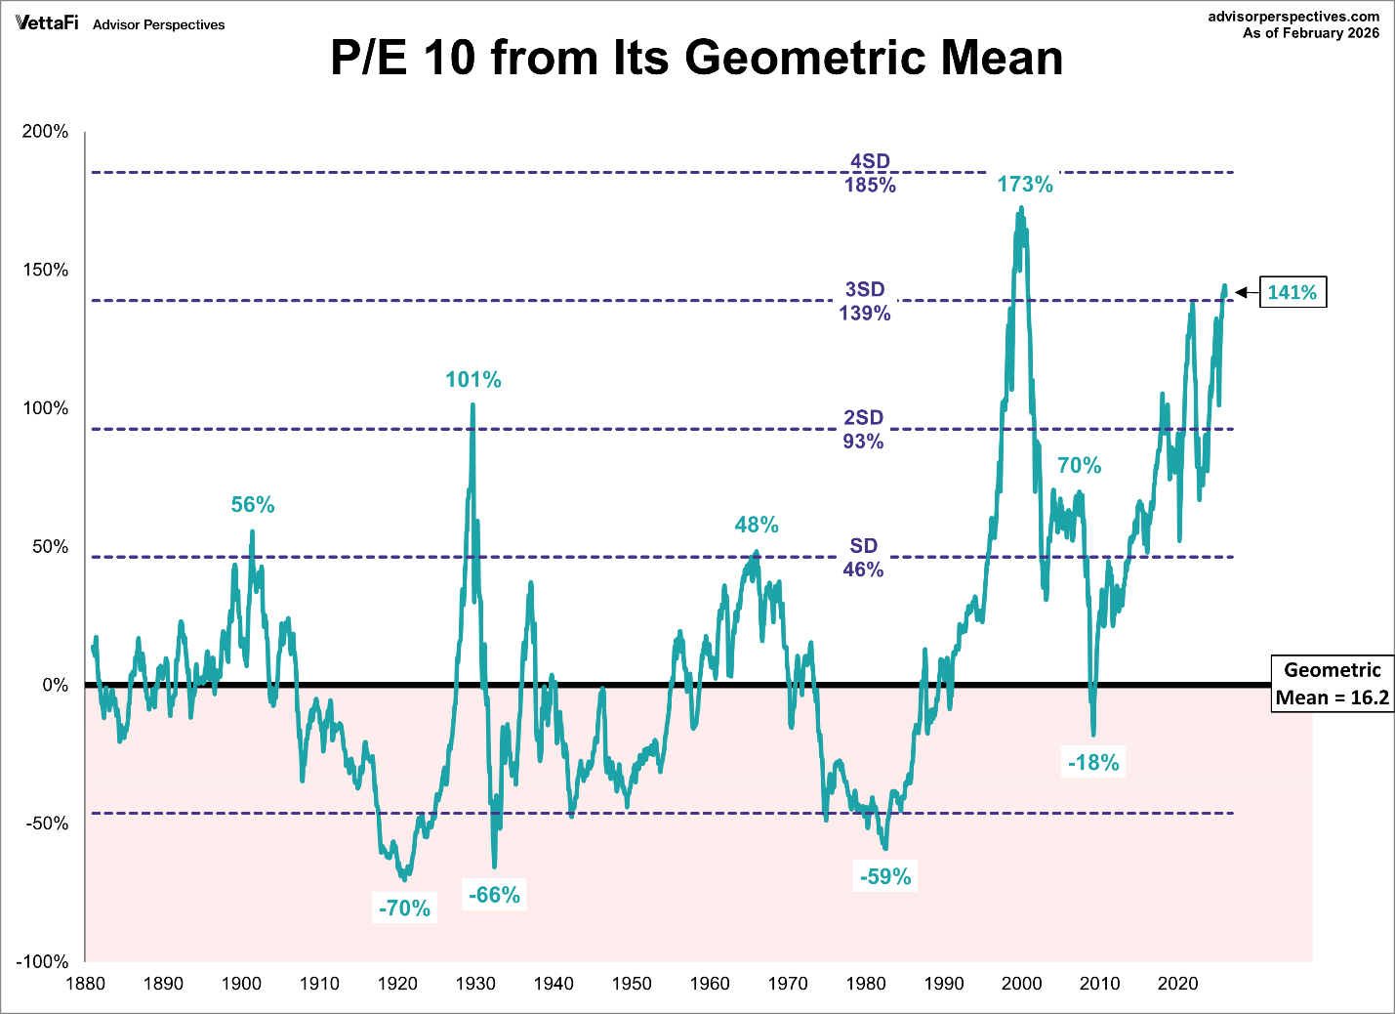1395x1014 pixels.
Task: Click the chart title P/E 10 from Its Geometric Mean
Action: point(696,59)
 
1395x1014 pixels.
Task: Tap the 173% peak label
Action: point(1025,185)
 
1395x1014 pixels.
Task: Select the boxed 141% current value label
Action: point(1292,292)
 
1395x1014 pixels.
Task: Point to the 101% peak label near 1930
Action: point(473,380)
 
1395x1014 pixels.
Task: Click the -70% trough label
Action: point(404,908)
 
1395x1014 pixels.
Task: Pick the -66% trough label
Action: point(495,895)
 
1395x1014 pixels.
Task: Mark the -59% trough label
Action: point(885,877)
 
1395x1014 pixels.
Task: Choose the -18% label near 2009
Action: point(1093,763)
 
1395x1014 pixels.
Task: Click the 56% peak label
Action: point(253,505)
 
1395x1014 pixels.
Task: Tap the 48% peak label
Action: point(757,526)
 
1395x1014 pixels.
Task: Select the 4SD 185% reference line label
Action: point(870,173)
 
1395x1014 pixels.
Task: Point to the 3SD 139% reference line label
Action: point(865,301)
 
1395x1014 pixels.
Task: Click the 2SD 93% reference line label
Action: point(864,429)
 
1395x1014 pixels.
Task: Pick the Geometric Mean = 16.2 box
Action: point(1332,684)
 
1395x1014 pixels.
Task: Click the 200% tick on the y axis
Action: point(46,132)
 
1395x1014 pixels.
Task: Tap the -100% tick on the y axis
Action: point(42,962)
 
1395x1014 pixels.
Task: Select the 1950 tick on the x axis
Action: point(632,984)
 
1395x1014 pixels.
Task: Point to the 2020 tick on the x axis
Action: point(1178,984)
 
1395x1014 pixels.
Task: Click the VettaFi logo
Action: point(47,22)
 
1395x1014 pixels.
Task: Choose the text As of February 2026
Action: point(1310,33)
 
